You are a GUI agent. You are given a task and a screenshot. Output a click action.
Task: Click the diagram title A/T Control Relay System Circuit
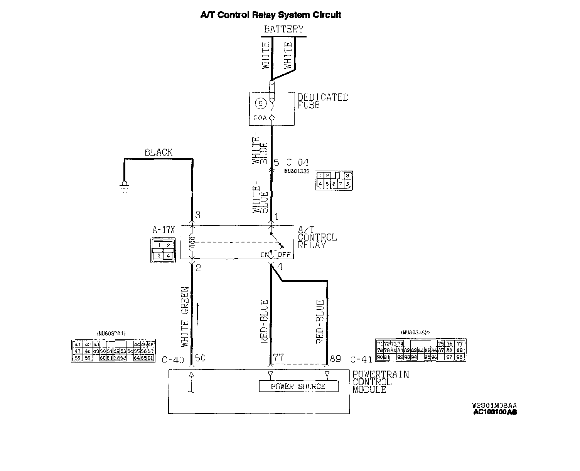pos(271,15)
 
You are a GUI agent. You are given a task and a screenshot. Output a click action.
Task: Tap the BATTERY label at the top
pos(283,29)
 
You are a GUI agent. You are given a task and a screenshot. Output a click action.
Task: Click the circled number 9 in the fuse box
pos(261,103)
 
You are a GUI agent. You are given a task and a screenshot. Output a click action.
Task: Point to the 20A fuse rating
pos(260,118)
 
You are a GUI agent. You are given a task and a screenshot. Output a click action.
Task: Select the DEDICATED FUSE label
pos(322,101)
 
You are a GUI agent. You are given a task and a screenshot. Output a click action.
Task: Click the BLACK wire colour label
pos(158,152)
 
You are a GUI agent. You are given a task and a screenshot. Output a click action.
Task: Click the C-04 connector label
pos(297,163)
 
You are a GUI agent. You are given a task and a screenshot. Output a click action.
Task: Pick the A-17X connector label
pos(164,230)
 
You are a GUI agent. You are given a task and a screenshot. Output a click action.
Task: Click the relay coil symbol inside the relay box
pos(192,242)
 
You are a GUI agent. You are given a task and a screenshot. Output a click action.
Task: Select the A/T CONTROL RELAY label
pos(317,237)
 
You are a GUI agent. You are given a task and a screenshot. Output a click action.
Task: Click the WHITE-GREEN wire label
pos(185,317)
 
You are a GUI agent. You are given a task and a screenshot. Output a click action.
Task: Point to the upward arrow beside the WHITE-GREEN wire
pos(198,313)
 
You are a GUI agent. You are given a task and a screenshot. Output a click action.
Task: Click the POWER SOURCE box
pos(298,386)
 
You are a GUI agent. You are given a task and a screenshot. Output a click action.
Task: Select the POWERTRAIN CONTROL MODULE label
pos(380,382)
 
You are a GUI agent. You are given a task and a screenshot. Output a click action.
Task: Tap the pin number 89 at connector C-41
pos(335,359)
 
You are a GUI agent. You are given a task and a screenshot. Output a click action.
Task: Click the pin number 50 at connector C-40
pos(200,358)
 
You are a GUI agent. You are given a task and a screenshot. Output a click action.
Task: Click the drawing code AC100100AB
pos(495,412)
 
